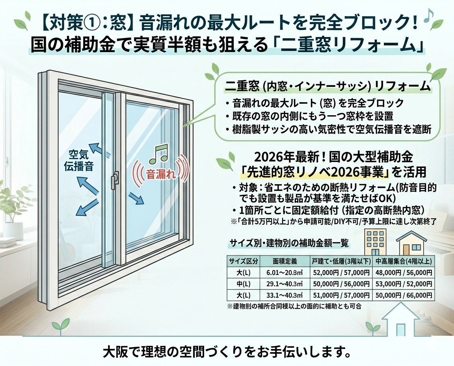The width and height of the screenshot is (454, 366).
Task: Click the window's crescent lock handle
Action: click(115, 180)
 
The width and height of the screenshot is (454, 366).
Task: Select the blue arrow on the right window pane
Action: click(136, 198)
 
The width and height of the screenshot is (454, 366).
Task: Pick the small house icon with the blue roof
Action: click(411, 243)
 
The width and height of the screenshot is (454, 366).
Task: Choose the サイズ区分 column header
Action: click(244, 261)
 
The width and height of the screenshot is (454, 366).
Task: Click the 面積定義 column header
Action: click(285, 261)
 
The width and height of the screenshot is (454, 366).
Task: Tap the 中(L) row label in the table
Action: click(244, 284)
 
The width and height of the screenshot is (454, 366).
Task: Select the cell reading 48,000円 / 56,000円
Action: click(404, 273)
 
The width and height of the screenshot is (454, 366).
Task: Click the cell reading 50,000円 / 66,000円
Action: click(404, 295)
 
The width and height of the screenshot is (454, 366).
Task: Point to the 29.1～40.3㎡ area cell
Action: click(285, 284)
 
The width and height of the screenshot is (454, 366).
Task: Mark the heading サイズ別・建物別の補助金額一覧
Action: click(289, 243)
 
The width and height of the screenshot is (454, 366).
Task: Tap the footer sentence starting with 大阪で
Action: click(227, 352)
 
